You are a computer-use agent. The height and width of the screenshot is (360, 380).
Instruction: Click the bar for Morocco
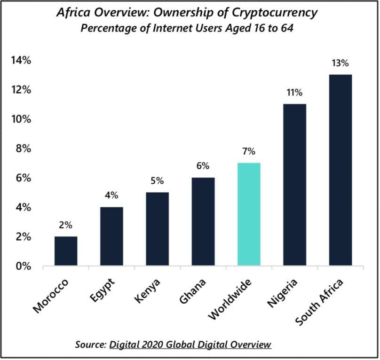coord(66,251)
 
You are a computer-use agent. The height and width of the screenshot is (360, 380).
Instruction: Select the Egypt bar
coord(111,237)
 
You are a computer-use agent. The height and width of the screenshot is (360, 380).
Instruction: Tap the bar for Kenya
coord(158,229)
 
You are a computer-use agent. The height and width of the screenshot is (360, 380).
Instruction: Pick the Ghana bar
coord(203,222)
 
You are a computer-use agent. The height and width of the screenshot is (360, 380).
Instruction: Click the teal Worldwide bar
coord(249,215)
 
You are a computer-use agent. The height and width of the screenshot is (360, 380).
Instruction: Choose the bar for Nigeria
coord(294,185)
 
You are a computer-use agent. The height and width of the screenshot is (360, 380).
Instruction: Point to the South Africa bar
coord(340,171)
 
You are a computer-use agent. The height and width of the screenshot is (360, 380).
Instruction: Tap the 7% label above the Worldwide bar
coord(249,151)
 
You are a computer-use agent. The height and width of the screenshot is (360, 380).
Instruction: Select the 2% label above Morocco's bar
coord(66,225)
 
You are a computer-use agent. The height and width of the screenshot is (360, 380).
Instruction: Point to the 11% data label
coord(294,93)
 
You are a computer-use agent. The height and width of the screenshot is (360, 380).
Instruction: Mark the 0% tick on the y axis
coord(23,266)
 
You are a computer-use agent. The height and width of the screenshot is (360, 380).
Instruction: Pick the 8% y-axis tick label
coord(23,149)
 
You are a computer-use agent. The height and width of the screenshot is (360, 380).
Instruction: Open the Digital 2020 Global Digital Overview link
coord(190,344)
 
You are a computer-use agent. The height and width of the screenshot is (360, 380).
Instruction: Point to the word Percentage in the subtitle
coord(104,28)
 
